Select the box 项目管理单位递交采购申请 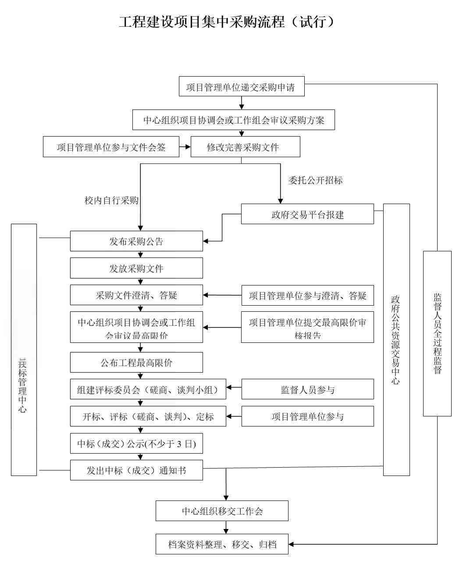(x=242, y=86)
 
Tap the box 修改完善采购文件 (x=245, y=147)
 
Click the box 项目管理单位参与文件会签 (x=111, y=147)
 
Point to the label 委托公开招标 (x=316, y=180)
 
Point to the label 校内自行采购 (x=111, y=201)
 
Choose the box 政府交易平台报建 (x=307, y=214)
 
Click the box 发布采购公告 (x=136, y=241)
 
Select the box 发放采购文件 (x=136, y=268)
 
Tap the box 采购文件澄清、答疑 (x=136, y=295)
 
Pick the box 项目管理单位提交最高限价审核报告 (x=307, y=329)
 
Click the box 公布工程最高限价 (x=136, y=363)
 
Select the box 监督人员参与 (x=307, y=389)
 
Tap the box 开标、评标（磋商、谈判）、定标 (x=148, y=416)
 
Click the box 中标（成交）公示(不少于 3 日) (x=136, y=444)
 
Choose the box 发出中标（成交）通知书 (x=136, y=470)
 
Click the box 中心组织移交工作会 (x=222, y=511)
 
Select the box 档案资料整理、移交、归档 (x=222, y=545)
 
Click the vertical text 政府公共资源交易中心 (x=396, y=340)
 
